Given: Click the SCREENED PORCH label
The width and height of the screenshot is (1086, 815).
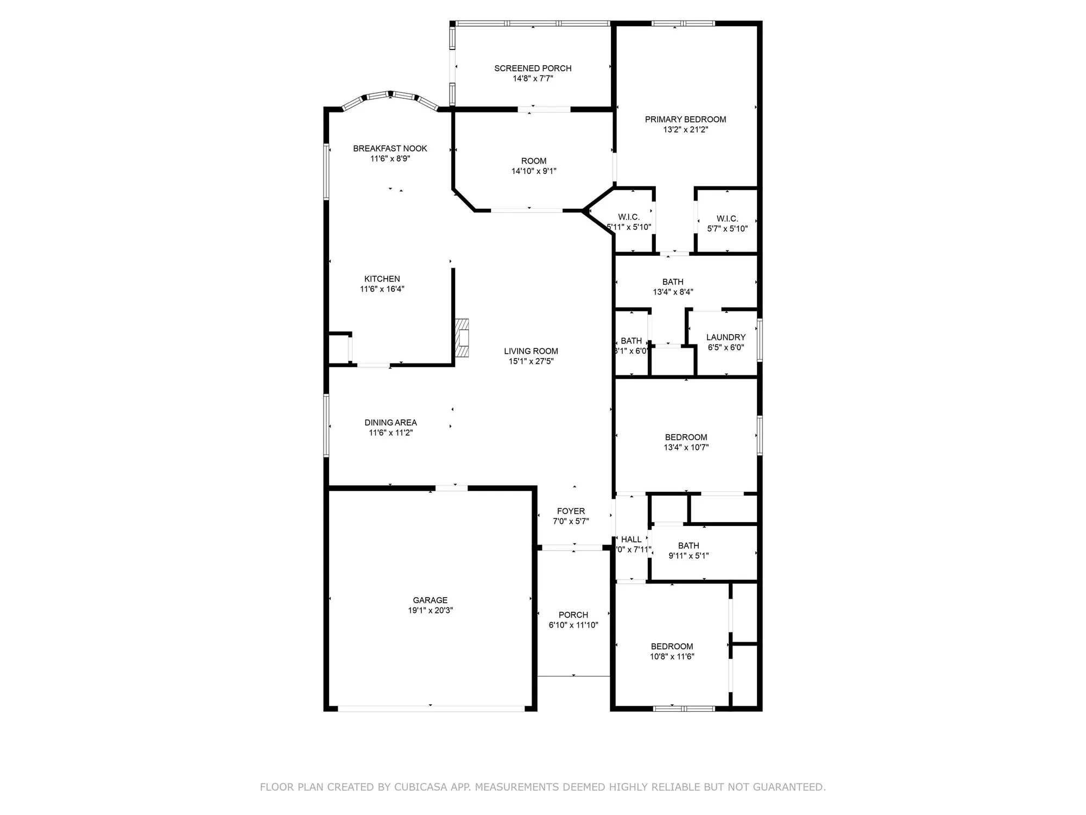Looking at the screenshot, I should coord(533,68).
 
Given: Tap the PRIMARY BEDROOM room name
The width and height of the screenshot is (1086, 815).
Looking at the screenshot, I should coord(685,120).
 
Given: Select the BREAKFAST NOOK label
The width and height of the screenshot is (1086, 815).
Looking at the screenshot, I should coord(390,148).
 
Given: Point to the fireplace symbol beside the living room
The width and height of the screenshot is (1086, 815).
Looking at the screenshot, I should coord(462,337).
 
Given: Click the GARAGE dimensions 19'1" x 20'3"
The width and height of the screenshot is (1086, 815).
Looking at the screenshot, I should coord(430,610).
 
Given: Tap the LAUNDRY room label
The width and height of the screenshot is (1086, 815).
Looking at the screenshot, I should coord(725,337).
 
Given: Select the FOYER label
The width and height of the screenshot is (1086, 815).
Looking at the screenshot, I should coord(571,511).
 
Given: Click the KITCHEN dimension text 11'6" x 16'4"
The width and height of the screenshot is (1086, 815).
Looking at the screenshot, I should coord(382,289).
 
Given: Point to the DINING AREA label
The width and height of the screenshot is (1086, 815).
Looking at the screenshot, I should coord(390,423).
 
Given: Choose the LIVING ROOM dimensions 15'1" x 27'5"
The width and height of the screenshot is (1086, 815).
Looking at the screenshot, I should coord(531,361).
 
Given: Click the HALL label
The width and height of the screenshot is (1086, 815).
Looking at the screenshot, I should coord(631,540).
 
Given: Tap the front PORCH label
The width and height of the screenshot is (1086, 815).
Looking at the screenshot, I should coord(573,615).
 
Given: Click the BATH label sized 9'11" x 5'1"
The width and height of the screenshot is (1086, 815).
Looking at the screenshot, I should coord(688,546).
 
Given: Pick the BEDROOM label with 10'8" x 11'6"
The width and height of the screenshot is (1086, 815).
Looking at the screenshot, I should coord(672,647).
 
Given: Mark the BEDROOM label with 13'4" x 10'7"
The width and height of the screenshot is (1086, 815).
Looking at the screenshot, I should coord(686,437).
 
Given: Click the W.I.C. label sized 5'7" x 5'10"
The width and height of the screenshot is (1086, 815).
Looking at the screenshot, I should coord(727,219).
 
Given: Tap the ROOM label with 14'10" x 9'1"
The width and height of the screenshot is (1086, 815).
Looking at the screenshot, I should coord(533,161).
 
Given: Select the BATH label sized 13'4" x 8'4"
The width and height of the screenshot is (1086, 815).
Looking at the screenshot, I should coord(672,282).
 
